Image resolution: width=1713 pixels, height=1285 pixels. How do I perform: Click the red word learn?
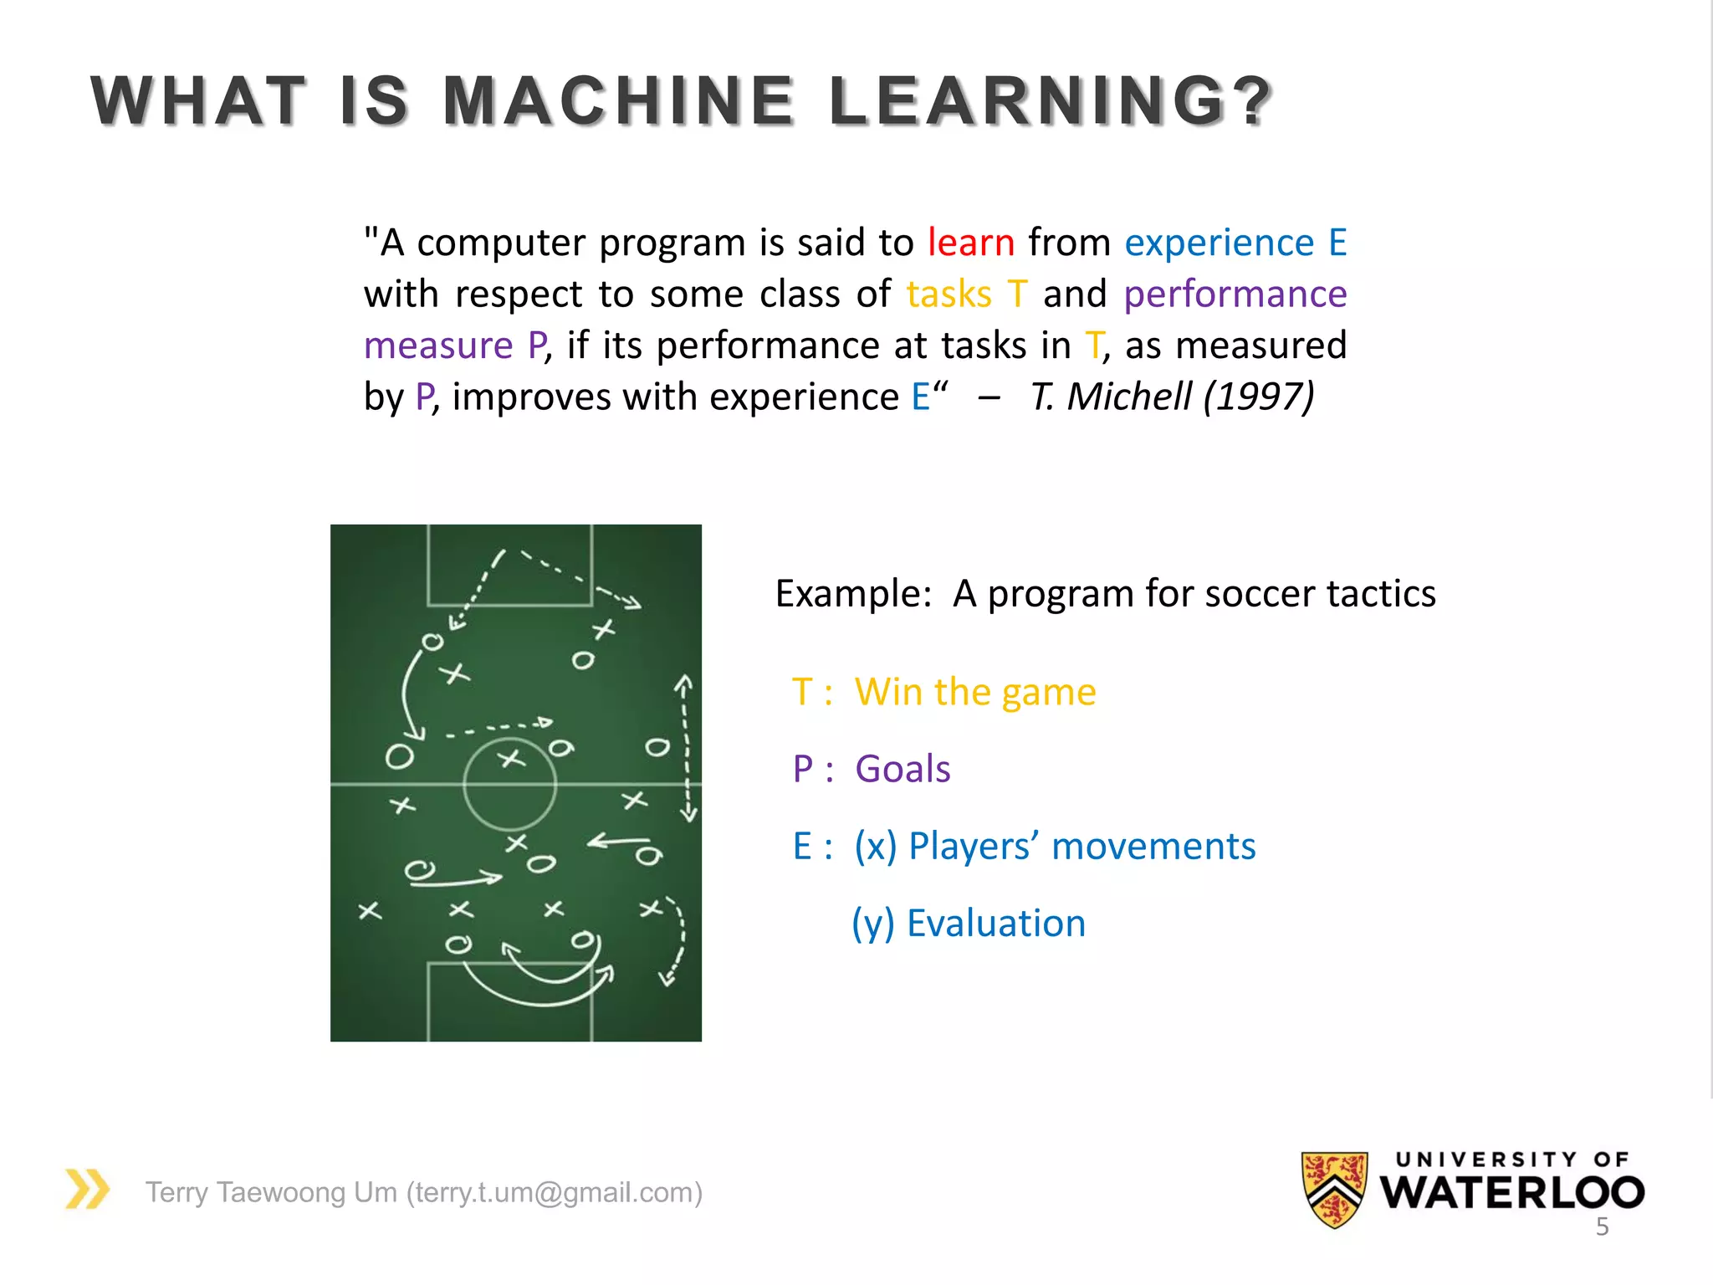coord(970,243)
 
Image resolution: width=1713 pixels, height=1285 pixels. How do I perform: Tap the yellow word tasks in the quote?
coord(949,294)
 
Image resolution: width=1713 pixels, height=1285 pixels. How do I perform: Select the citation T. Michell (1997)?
coord(1172,397)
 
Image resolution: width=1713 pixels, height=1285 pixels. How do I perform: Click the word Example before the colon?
coord(848,594)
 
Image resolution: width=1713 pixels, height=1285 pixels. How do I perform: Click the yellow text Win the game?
coord(974,693)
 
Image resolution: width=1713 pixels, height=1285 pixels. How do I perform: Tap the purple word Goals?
coord(903,770)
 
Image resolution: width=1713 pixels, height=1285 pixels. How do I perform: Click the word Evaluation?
coord(995,924)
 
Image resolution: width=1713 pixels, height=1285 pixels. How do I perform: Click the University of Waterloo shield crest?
coord(1334,1189)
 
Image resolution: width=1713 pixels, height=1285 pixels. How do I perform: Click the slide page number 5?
coord(1602,1227)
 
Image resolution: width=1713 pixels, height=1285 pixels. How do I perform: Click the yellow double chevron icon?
coord(88,1189)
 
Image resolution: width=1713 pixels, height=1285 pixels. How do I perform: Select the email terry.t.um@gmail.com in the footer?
coord(554,1192)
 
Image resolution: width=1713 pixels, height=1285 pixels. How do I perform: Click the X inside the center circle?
coord(511,760)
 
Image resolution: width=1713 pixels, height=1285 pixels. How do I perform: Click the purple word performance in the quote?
coord(1235,294)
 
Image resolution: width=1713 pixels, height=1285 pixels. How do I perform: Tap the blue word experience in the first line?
coord(1219,243)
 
